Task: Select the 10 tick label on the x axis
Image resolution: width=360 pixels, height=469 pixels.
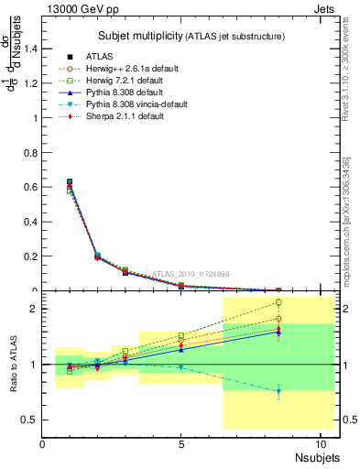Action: (x=321, y=446)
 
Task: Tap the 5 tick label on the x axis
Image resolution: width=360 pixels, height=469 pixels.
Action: (x=181, y=446)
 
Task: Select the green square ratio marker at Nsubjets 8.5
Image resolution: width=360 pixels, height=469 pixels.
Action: (x=278, y=302)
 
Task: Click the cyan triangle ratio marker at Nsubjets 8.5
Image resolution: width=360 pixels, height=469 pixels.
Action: (x=278, y=391)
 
